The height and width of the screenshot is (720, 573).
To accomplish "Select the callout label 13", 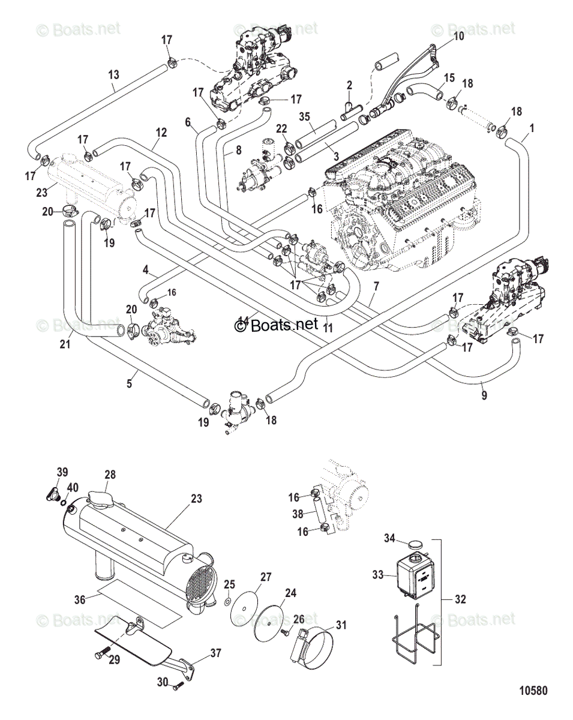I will click(x=114, y=75).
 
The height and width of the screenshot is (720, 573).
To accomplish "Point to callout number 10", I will click(x=458, y=36).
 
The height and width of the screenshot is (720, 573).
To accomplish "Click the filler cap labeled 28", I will click(x=100, y=499).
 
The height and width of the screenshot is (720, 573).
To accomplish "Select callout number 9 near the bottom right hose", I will click(x=484, y=396).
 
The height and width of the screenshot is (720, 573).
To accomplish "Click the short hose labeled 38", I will click(x=318, y=513).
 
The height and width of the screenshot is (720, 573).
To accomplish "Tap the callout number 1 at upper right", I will click(x=532, y=127).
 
